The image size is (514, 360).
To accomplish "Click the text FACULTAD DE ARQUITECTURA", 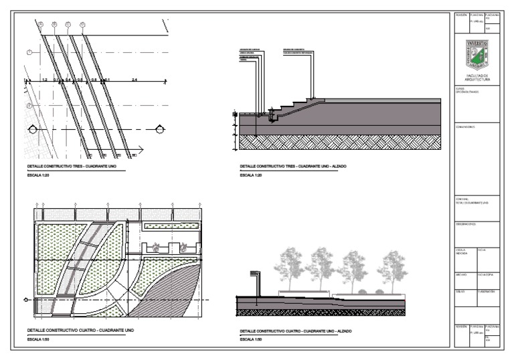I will click(x=477, y=78).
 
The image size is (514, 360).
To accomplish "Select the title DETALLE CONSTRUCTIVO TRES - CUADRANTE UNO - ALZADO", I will click(x=293, y=166).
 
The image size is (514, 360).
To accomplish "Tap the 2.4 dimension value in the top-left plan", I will click(x=135, y=80).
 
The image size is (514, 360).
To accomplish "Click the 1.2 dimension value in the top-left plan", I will click(x=44, y=80).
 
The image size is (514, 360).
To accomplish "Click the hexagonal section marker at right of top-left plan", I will click(x=159, y=128).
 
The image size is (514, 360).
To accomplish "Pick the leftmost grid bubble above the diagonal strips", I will click(x=40, y=25).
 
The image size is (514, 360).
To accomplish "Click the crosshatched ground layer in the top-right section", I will click(x=335, y=142).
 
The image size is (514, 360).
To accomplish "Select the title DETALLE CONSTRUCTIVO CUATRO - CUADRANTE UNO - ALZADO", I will click(x=296, y=331).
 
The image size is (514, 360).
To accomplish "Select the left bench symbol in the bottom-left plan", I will click(x=156, y=247).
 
